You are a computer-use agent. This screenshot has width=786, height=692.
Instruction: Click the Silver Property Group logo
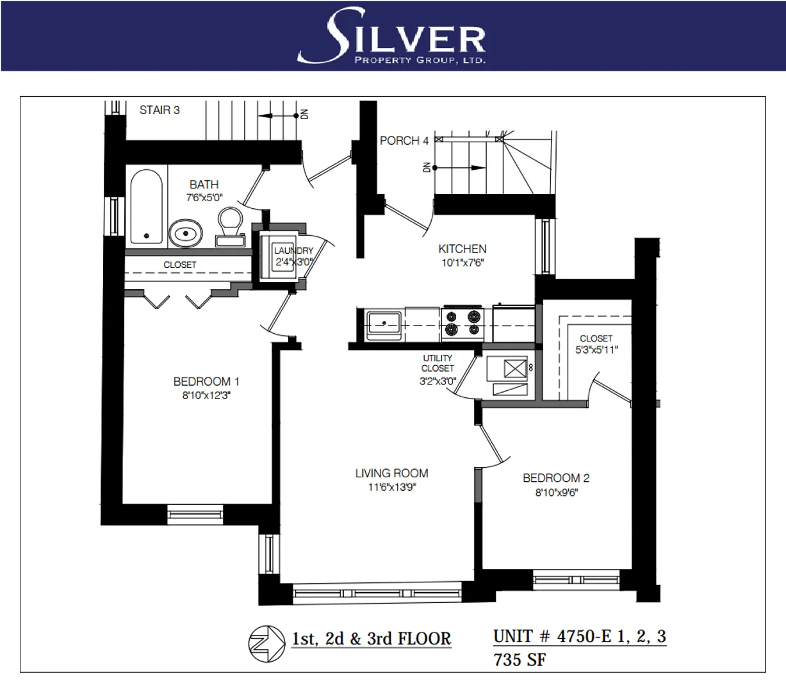(393, 36)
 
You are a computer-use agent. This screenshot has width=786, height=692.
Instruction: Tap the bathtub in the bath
(147, 206)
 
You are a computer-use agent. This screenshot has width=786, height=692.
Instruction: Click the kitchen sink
(383, 324)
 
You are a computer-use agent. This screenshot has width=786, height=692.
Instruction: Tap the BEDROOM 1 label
(202, 382)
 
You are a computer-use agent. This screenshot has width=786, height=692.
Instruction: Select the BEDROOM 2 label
(555, 478)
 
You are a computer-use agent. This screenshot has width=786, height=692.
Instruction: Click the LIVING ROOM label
(391, 474)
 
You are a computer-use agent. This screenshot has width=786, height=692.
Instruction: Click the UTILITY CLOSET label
(438, 363)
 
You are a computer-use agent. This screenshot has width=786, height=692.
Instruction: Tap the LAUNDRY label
(293, 251)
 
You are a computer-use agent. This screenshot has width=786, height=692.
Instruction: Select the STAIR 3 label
(160, 110)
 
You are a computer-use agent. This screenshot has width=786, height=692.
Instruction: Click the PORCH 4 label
(404, 140)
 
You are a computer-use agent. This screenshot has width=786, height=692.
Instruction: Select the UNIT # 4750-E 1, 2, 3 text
(579, 636)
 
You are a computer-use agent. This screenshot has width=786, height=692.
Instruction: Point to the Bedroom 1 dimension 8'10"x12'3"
(202, 396)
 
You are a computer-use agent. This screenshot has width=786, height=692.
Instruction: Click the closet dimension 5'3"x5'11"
(596, 350)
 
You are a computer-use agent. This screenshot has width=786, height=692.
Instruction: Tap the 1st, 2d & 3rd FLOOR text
(371, 639)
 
